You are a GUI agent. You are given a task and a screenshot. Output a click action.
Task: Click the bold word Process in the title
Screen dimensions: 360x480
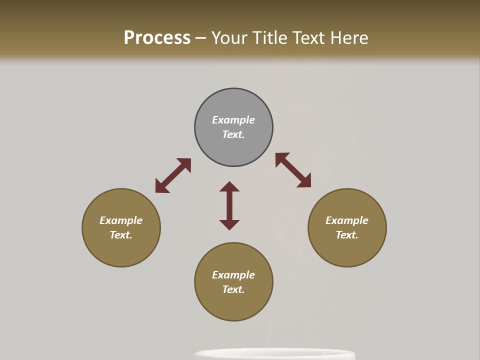tap(157, 38)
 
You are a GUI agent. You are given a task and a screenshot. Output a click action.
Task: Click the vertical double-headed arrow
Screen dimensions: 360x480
tap(229, 205)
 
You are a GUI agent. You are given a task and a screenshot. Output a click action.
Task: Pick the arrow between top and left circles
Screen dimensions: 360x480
tap(173, 175)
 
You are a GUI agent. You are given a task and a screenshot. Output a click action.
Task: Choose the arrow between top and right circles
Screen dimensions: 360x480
tap(293, 170)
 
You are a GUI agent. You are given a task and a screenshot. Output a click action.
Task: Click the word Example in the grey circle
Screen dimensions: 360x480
tap(233, 120)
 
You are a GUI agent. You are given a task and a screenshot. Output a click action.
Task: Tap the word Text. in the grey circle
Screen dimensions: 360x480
tap(233, 134)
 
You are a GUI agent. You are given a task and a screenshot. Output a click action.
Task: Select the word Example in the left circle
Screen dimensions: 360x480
tap(121, 220)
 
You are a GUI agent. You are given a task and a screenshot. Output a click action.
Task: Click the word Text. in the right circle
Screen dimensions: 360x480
tap(347, 235)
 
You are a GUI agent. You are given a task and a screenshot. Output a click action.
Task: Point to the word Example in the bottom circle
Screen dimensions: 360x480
tap(233, 275)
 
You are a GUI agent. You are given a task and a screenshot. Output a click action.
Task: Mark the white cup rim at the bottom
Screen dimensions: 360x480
tap(275, 353)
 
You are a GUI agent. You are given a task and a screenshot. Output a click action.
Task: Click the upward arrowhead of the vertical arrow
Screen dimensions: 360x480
tap(229, 186)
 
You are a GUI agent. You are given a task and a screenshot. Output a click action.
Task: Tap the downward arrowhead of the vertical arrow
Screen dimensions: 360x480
tap(229, 224)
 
